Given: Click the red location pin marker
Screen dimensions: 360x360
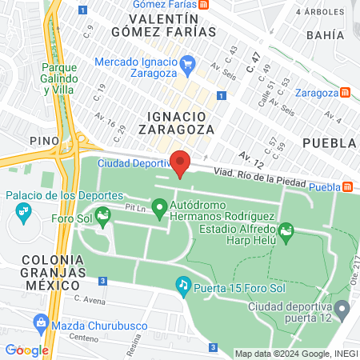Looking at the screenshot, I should point(180,162).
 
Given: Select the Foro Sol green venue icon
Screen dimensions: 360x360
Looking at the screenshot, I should point(102,215).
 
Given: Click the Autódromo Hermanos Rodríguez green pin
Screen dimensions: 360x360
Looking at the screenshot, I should point(159,210).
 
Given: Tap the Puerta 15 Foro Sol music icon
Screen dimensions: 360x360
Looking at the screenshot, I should point(183,284).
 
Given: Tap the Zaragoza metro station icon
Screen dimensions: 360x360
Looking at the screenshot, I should point(346,92).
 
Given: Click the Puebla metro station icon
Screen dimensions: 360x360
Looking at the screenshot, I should point(348,187).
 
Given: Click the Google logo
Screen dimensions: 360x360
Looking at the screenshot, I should point(26,350).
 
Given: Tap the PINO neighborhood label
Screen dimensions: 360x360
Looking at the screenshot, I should point(45,141).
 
